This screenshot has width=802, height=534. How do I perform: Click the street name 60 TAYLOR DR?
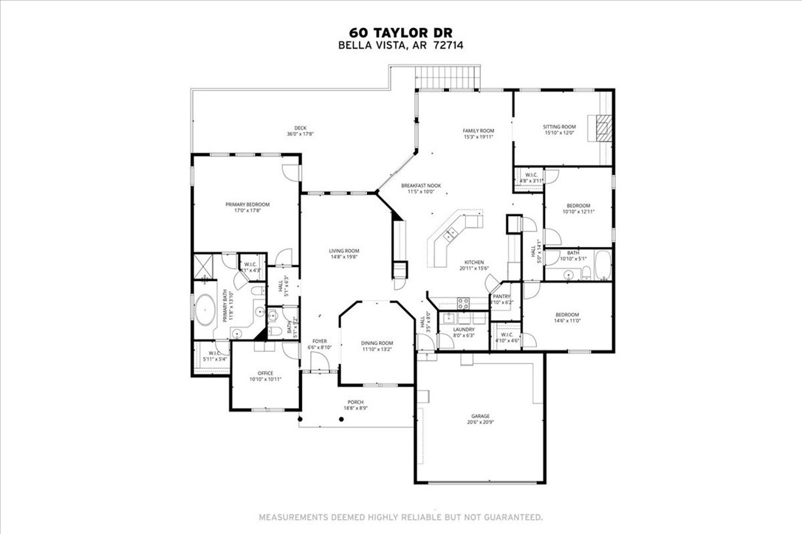(401, 32)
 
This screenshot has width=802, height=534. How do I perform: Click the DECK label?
(301, 128)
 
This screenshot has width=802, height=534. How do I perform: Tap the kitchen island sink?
(450, 235)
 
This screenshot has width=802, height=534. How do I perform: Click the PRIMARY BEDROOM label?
(247, 204)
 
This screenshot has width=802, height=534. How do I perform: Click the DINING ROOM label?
(377, 343)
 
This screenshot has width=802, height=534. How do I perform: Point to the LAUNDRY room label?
(464, 329)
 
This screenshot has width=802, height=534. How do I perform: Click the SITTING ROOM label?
(559, 127)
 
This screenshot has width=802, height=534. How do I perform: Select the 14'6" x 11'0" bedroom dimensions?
(567, 320)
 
